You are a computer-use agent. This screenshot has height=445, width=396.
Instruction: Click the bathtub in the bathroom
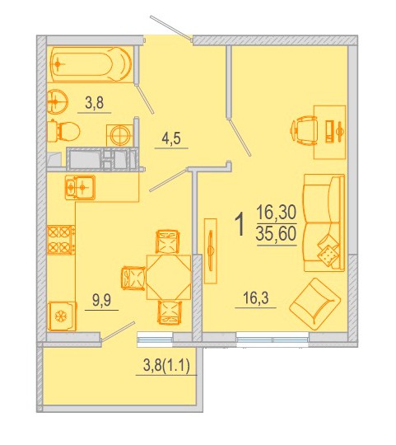(x=91, y=64)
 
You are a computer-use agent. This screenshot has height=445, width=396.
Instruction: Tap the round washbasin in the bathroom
(x=57, y=101)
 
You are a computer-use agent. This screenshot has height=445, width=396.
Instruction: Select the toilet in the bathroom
(x=63, y=132)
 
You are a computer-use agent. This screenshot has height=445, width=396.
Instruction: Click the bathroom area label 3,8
(x=95, y=102)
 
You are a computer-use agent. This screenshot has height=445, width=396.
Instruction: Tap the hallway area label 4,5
(x=171, y=138)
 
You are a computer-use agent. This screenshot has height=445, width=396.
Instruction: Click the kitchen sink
(x=80, y=187)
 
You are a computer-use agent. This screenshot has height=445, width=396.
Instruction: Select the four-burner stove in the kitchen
(x=61, y=240)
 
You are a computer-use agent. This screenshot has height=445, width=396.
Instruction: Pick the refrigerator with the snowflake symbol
(x=62, y=316)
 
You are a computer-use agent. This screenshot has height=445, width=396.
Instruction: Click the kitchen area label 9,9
(x=101, y=300)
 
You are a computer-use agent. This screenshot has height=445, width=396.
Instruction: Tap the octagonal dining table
(x=169, y=277)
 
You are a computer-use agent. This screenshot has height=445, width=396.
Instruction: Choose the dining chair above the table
(x=168, y=241)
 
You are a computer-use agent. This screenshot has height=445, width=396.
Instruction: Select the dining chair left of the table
(x=133, y=278)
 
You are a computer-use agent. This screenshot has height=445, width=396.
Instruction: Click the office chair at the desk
(x=303, y=131)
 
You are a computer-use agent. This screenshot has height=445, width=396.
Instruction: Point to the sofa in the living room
(x=324, y=222)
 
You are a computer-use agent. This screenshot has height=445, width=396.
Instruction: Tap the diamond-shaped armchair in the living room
(x=314, y=303)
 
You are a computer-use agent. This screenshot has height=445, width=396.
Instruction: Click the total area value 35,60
(x=276, y=234)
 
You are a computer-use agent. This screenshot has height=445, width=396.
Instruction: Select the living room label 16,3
(x=256, y=298)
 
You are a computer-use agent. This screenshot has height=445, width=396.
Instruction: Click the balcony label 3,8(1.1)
(x=166, y=366)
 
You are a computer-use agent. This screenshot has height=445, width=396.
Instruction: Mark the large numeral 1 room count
(x=240, y=225)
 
